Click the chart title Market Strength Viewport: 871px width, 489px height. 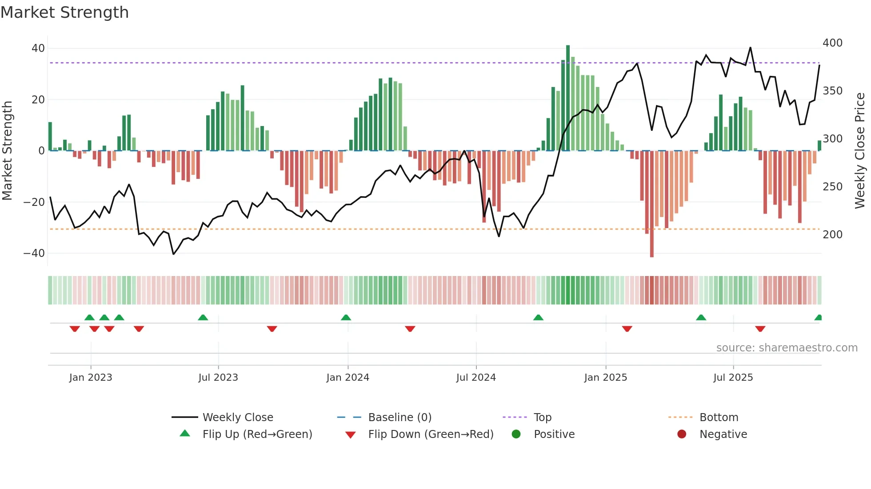(x=64, y=12)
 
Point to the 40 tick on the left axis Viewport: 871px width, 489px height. (x=38, y=48)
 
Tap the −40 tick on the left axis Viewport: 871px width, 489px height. (x=34, y=253)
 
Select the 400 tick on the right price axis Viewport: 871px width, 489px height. (x=832, y=43)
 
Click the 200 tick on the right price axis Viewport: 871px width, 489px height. (x=832, y=235)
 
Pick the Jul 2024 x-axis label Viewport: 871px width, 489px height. (x=476, y=378)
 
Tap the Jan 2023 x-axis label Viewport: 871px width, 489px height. (x=91, y=378)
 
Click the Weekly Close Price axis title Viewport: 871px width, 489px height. (x=860, y=151)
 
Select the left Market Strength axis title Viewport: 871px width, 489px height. (x=8, y=151)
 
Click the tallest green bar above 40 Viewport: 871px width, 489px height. (x=568, y=98)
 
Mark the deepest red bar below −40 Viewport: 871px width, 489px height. (x=652, y=204)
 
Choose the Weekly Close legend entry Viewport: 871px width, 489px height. (x=238, y=418)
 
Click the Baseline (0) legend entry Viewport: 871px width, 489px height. (x=400, y=418)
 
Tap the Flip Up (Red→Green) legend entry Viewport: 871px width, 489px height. (x=257, y=434)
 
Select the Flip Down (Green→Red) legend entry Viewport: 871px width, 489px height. (x=430, y=434)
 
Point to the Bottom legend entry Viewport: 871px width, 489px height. (x=719, y=418)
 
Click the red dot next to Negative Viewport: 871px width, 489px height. (x=682, y=434)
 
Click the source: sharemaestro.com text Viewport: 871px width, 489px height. (x=787, y=348)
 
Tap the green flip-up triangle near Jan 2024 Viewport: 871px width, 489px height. (x=346, y=317)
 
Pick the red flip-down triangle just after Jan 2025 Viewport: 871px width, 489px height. (x=627, y=329)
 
